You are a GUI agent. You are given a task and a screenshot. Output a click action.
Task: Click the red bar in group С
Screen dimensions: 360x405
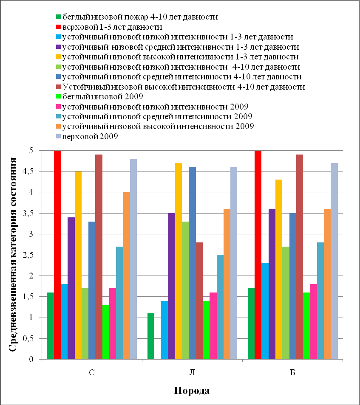pyautogui.click(x=57, y=255)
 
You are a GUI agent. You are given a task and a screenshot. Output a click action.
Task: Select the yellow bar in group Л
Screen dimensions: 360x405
pyautogui.click(x=179, y=261)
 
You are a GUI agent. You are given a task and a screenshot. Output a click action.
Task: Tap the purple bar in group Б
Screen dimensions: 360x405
pyautogui.click(x=272, y=284)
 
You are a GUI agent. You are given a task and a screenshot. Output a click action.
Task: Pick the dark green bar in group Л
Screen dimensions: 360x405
pyautogui.click(x=151, y=336)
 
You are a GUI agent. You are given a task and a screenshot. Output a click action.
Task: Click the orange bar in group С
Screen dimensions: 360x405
pyautogui.click(x=127, y=276)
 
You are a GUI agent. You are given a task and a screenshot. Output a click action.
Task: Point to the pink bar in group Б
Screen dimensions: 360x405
pyautogui.click(x=313, y=321)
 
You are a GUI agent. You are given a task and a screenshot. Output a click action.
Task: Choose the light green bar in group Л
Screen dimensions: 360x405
pyautogui.click(x=185, y=290)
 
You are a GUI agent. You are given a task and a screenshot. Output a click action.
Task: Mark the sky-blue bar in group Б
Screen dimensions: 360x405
pyautogui.click(x=265, y=311)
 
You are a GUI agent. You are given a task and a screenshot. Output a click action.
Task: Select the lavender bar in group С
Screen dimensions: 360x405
pyautogui.click(x=133, y=259)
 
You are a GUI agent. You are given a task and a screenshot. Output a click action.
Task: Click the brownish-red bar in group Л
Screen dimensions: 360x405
pyautogui.click(x=199, y=301)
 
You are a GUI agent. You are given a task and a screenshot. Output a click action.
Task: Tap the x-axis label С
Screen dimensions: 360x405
pyautogui.click(x=92, y=372)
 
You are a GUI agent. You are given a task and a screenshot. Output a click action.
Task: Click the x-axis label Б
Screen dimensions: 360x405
pyautogui.click(x=292, y=372)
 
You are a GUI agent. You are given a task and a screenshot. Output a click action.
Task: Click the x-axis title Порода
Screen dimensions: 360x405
pyautogui.click(x=192, y=391)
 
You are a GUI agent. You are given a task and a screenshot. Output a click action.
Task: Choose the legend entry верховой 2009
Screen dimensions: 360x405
pyautogui.click(x=87, y=136)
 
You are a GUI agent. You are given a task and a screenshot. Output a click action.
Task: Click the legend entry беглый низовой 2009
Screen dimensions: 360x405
pyautogui.click(x=99, y=97)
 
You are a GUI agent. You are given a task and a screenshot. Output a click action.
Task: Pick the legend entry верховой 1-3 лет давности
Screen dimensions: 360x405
pyautogui.click(x=109, y=27)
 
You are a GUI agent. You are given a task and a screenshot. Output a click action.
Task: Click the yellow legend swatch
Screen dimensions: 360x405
pyautogui.click(x=59, y=57)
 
